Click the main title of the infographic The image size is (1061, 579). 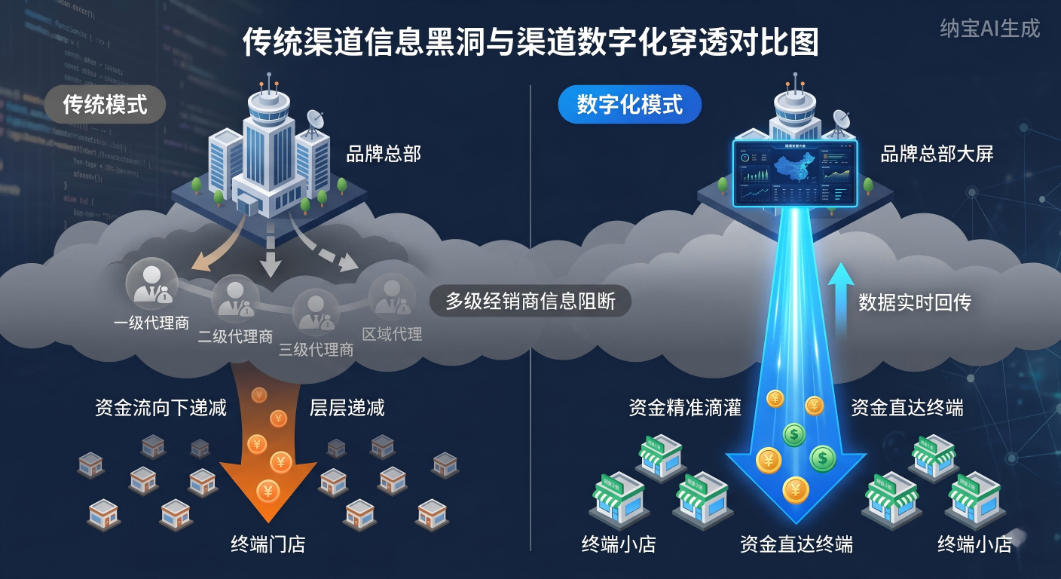tap(530, 43)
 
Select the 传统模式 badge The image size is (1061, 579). tap(105, 105)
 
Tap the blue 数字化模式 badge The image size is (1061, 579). tap(629, 105)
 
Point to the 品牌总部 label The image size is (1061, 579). tap(383, 155)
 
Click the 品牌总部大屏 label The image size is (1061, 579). tap(937, 155)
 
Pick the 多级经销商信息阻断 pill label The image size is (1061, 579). tap(530, 302)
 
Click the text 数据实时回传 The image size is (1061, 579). tap(915, 303)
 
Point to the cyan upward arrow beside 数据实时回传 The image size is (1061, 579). tap(840, 298)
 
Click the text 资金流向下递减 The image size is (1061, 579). tap(161, 408)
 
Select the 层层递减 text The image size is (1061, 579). tap(347, 408)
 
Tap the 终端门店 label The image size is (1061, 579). tap(268, 544)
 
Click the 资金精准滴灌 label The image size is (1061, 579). tap(684, 408)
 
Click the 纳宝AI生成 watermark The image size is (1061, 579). tap(990, 29)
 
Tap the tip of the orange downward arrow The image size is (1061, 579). tap(268, 520)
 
